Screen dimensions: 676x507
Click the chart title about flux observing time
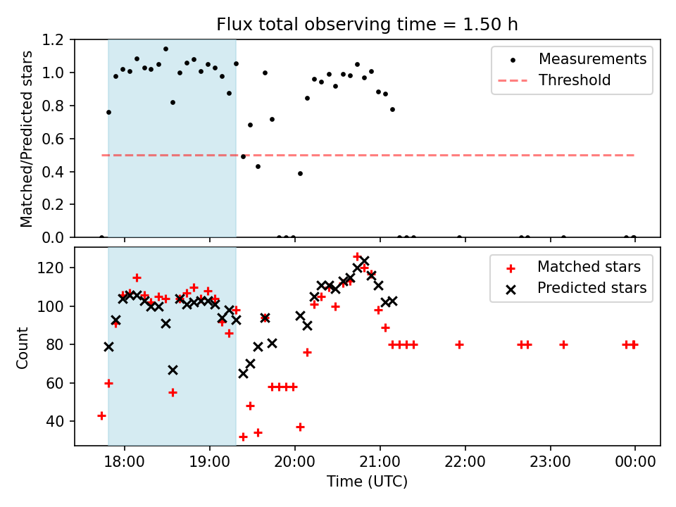point(367,25)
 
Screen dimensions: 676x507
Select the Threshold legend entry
point(554,80)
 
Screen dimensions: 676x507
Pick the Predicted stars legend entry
point(575,288)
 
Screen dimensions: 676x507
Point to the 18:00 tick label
point(125,462)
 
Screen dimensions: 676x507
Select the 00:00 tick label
point(635,462)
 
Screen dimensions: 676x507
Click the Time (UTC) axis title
point(367,482)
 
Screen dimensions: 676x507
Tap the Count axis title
point(22,348)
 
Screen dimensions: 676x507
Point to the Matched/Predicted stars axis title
point(26,139)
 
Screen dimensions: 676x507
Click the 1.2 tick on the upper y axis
point(53,39)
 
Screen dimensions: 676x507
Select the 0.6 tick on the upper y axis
point(53,139)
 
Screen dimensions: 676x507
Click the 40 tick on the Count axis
point(56,421)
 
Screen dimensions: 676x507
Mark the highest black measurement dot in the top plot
point(165,49)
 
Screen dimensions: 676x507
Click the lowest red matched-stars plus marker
point(243,437)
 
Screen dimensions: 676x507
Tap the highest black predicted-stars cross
point(364,261)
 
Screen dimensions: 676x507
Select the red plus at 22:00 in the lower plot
point(459,344)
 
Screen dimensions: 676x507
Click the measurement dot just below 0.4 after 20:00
point(300,174)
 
